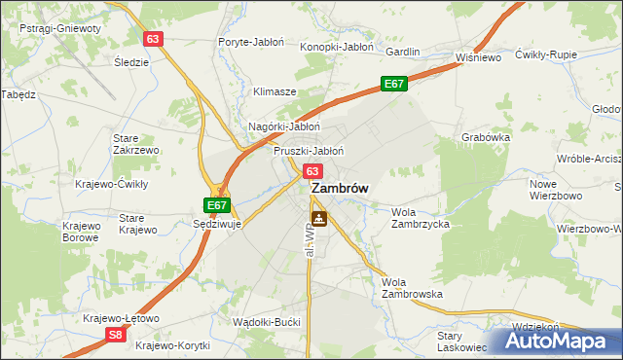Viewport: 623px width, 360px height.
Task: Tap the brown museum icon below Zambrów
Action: (x=318, y=219)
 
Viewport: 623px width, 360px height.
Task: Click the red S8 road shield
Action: (x=115, y=334)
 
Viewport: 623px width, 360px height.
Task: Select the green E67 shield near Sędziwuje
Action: (x=217, y=205)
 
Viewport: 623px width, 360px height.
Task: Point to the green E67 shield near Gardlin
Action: (x=393, y=85)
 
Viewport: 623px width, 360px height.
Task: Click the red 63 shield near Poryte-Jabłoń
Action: (x=152, y=39)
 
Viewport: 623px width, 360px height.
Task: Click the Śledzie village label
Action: (x=131, y=62)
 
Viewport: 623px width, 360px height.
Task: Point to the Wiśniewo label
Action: (x=478, y=57)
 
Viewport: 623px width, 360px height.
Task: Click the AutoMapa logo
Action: (x=557, y=342)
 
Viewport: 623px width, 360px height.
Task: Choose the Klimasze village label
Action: (x=275, y=91)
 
